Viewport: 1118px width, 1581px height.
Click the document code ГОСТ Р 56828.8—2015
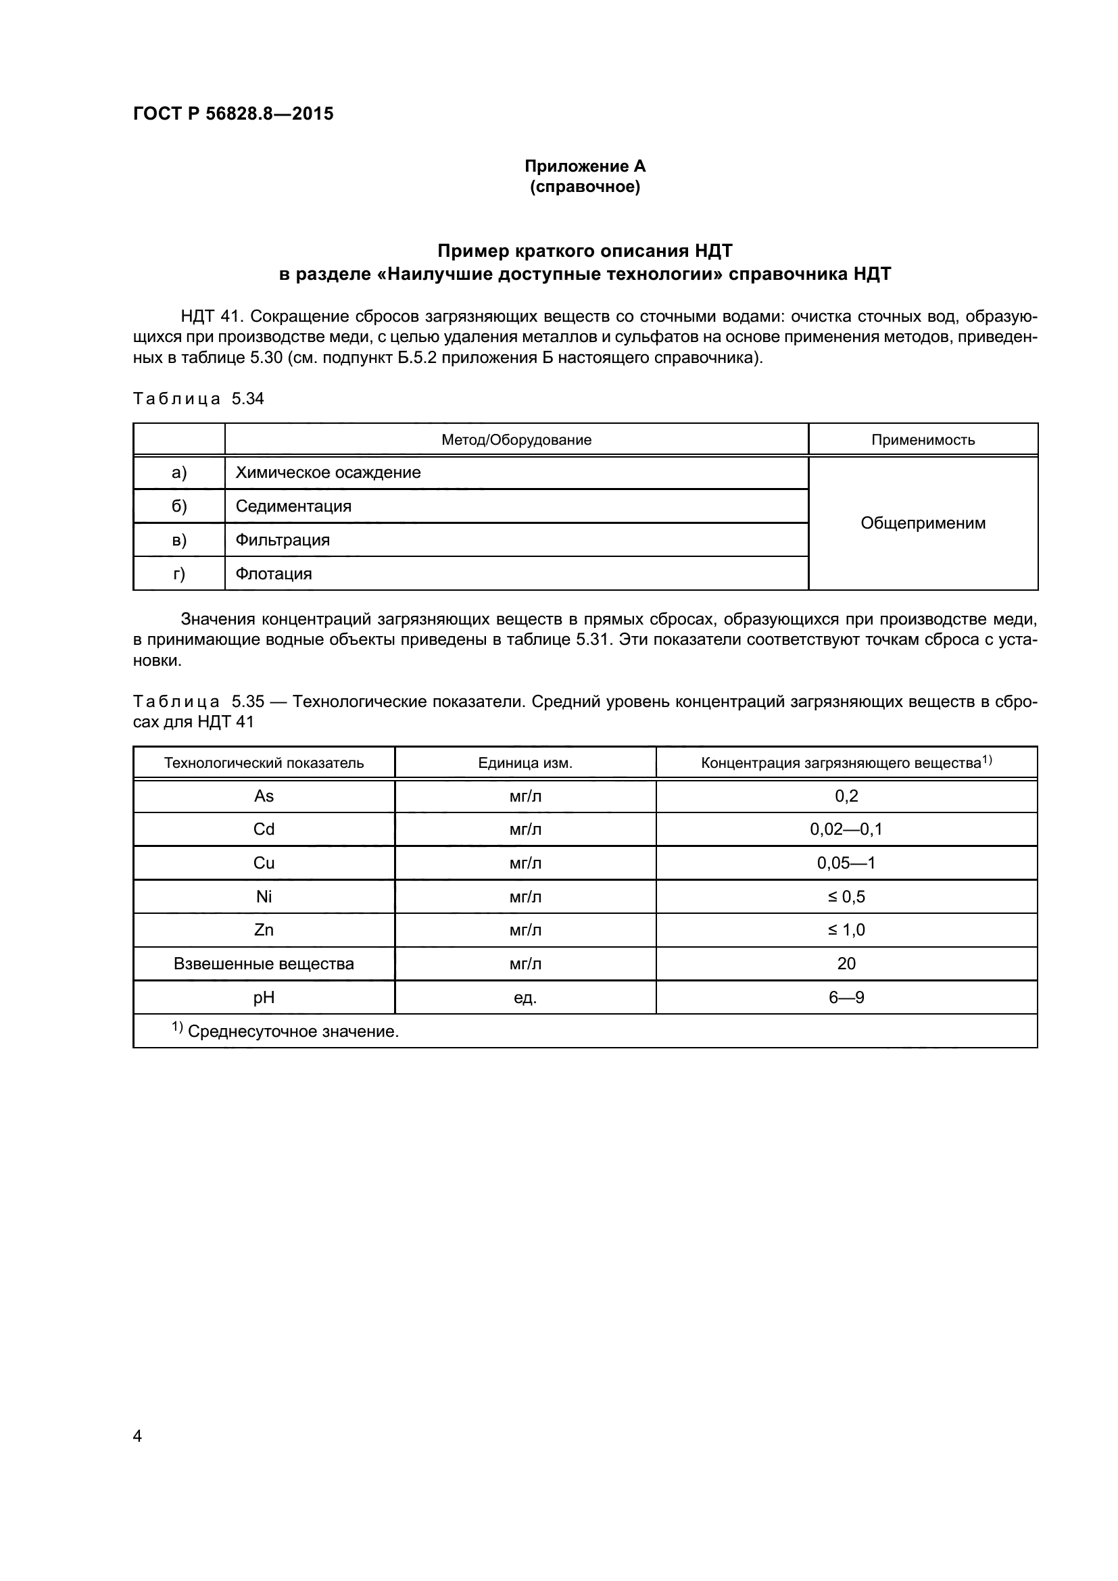tap(233, 114)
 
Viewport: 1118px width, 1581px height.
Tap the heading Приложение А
tap(585, 166)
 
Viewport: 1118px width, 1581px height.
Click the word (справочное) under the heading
tap(585, 187)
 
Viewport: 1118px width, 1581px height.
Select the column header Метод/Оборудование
tap(516, 440)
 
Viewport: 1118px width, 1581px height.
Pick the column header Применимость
tap(923, 440)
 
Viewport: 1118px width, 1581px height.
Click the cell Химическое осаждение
tap(328, 473)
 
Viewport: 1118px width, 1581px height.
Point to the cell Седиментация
tap(293, 507)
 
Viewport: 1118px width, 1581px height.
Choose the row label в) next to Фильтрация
tap(179, 541)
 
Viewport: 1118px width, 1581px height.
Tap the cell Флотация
tap(273, 575)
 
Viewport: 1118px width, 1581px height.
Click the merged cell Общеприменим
tap(923, 523)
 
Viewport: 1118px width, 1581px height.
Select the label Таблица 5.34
tap(198, 399)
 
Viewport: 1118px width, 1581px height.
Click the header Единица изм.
tap(525, 763)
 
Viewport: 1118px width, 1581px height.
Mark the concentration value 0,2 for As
tap(846, 797)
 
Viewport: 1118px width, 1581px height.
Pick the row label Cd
tap(264, 830)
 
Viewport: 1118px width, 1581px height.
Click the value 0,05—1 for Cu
tap(846, 863)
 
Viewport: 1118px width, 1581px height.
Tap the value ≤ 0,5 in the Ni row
tap(846, 897)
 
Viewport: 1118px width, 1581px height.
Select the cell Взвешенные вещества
tap(264, 964)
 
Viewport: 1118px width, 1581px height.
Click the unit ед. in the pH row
tap(525, 998)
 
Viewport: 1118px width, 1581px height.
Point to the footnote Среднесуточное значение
tap(293, 1031)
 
